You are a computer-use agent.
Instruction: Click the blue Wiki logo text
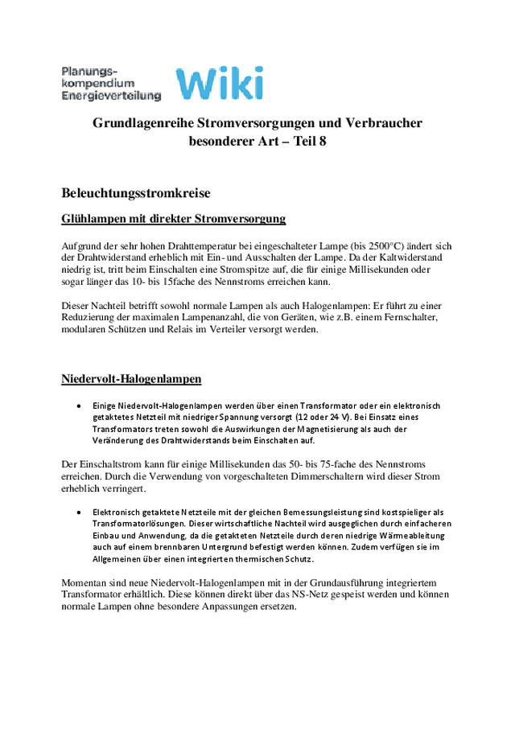[219, 83]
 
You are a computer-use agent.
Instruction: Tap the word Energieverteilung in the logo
[111, 96]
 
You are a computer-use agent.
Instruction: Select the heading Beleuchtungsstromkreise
[136, 193]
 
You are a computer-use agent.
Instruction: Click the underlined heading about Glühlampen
[173, 219]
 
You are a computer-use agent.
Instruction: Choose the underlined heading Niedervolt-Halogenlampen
[131, 379]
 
